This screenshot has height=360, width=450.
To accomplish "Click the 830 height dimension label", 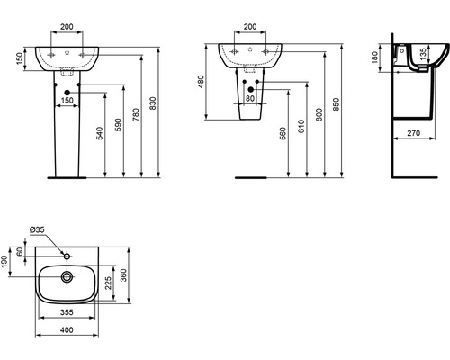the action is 153,103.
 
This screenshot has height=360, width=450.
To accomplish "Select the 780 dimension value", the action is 136,115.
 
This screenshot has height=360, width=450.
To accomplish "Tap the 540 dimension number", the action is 100,133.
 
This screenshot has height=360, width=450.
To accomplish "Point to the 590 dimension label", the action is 119,125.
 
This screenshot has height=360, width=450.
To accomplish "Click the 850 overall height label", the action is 337,104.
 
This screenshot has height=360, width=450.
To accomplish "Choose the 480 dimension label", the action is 201,82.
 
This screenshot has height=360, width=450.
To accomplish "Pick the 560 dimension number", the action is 283,134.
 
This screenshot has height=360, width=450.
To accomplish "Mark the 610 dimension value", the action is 301,126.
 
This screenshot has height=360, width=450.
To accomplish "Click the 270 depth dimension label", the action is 414,133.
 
